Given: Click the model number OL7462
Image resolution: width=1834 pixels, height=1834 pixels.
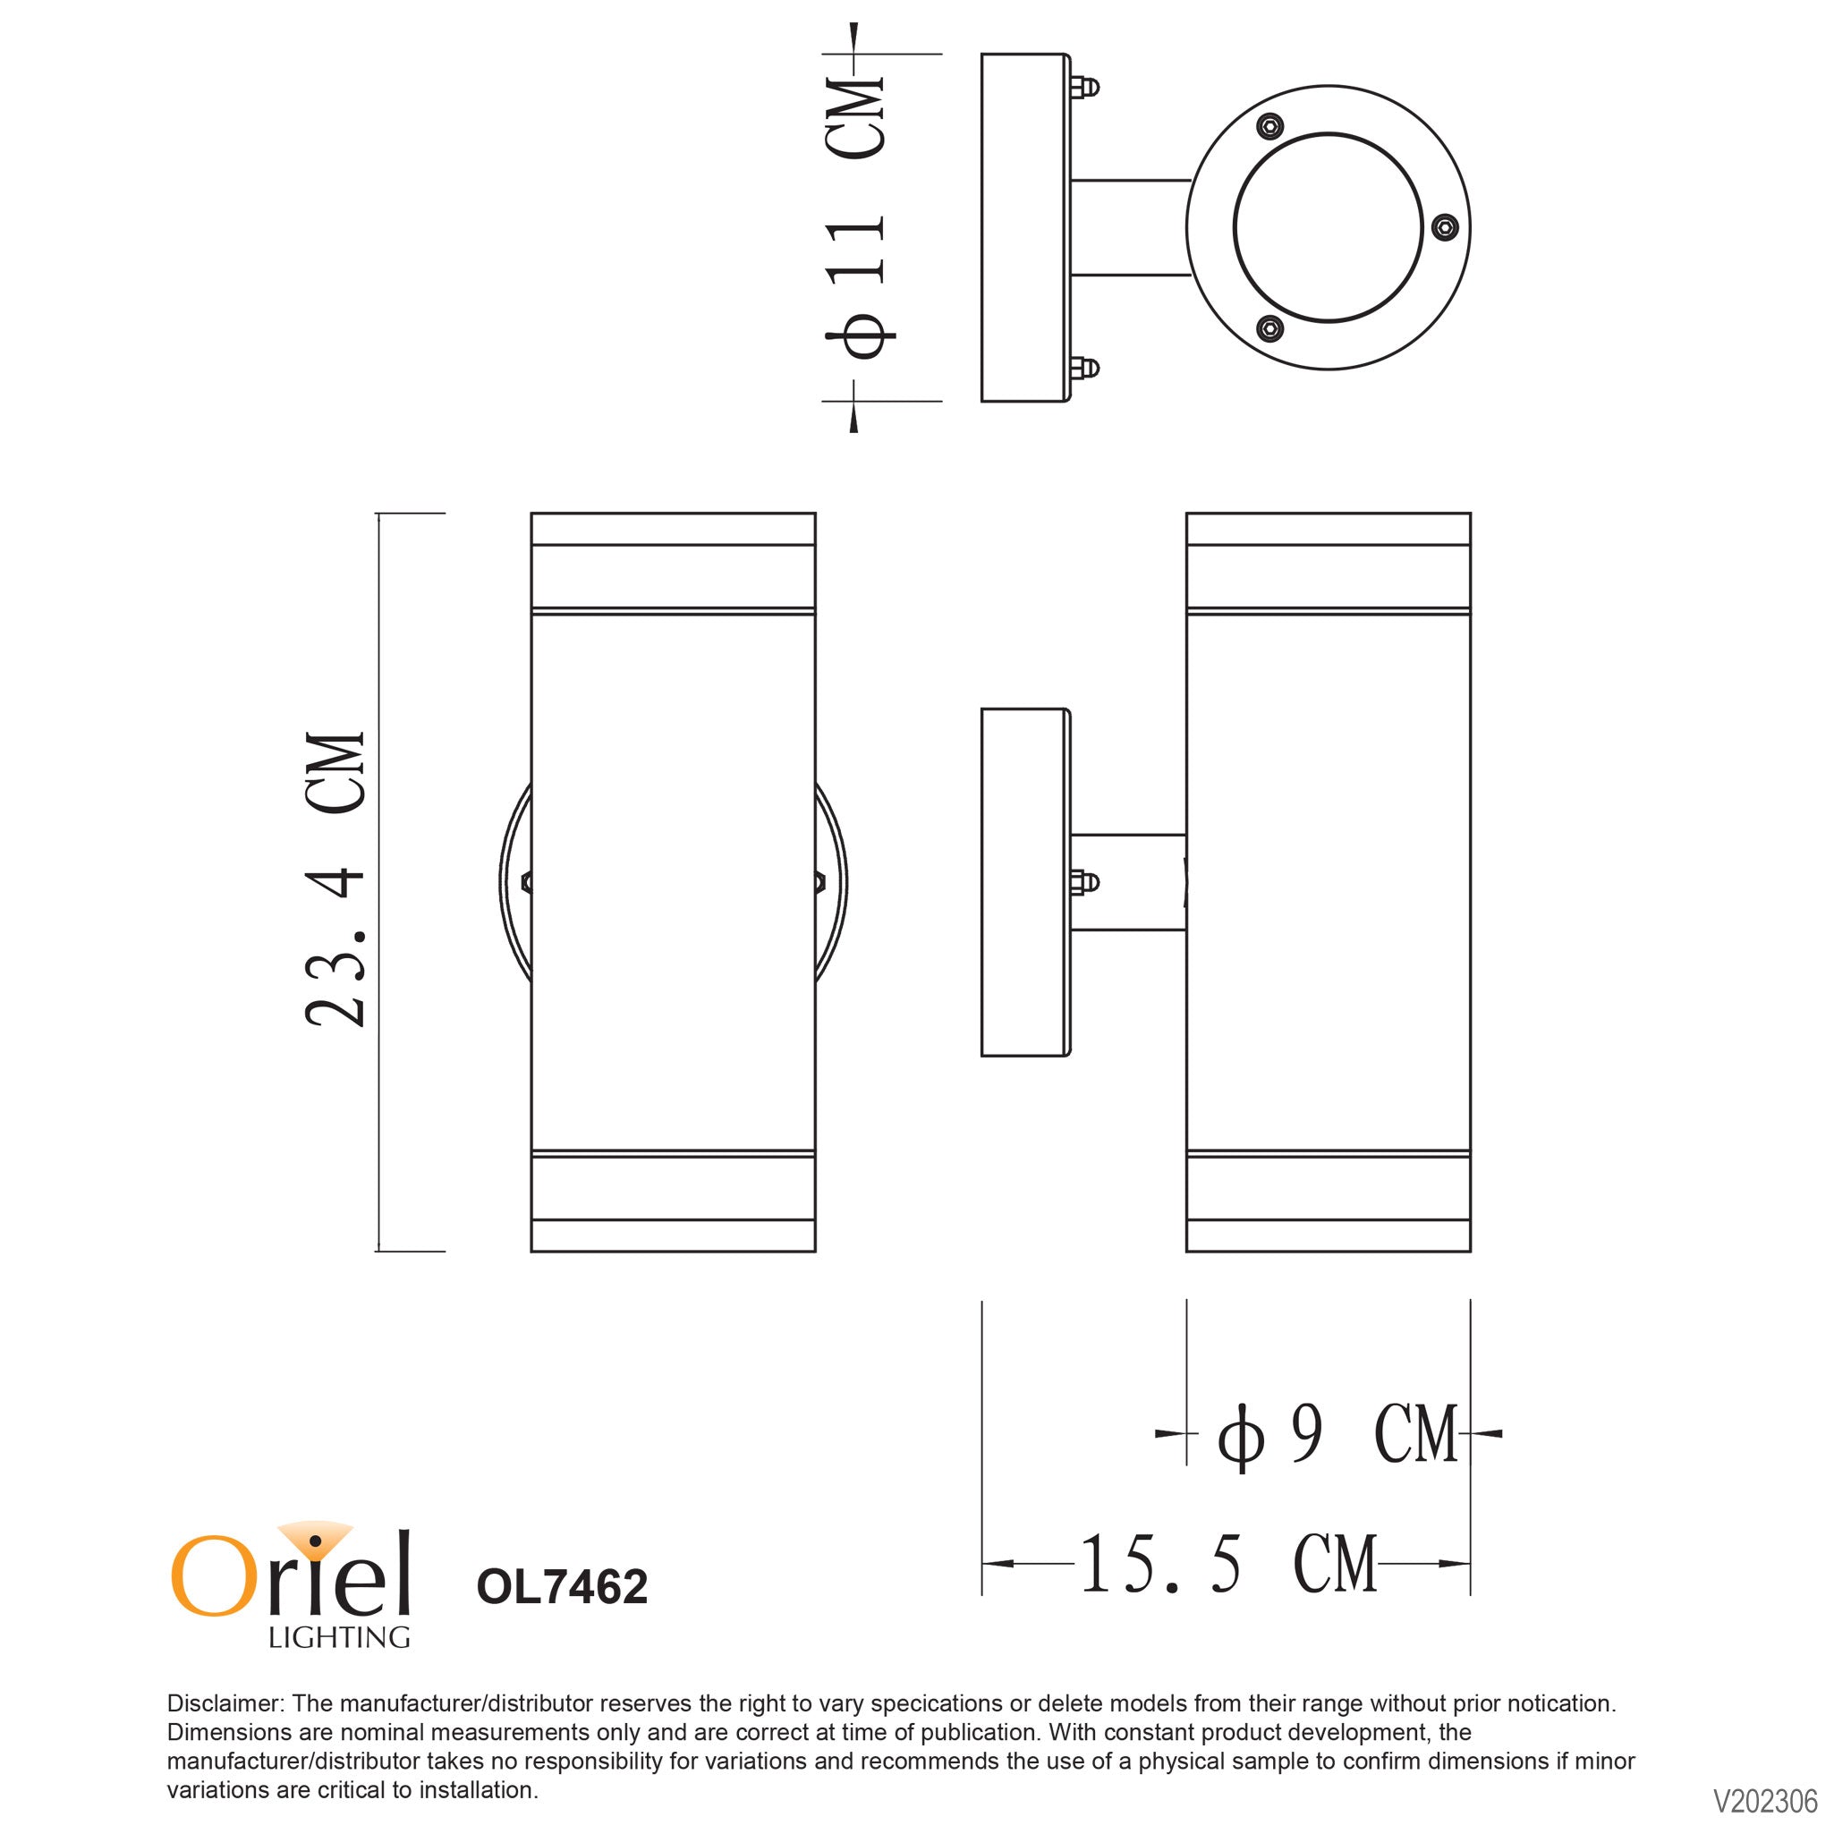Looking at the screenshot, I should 562,1586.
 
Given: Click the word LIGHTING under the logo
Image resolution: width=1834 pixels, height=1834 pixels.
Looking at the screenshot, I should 339,1637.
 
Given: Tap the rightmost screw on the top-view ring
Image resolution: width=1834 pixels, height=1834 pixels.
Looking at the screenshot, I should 1444,227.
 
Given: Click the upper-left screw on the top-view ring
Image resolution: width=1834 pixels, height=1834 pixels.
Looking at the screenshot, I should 1270,125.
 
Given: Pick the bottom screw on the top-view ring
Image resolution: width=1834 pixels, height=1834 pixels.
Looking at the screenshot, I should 1270,328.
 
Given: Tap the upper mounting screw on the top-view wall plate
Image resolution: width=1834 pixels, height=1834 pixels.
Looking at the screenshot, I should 1086,88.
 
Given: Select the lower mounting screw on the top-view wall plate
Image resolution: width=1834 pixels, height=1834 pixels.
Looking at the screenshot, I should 1086,368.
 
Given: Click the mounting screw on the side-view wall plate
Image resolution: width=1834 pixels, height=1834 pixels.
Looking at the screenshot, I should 1086,882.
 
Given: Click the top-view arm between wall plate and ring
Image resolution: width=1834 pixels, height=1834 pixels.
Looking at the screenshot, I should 1130,228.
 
